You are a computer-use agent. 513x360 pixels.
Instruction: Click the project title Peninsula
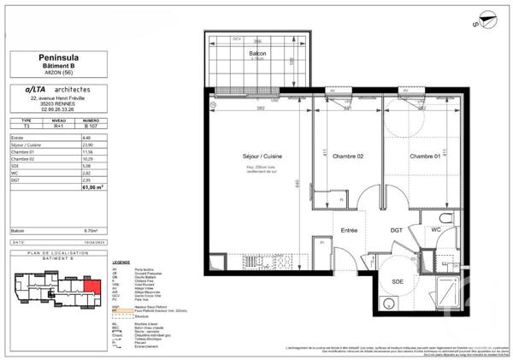pos(61,56)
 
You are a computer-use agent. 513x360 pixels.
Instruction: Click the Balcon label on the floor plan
pos(257,54)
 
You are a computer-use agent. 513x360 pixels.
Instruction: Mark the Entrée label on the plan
pos(351,231)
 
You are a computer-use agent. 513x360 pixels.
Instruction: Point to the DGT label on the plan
pos(397,231)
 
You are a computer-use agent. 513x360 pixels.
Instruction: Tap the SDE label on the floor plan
pos(398,282)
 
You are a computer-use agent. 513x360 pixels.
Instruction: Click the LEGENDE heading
pos(121,263)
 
